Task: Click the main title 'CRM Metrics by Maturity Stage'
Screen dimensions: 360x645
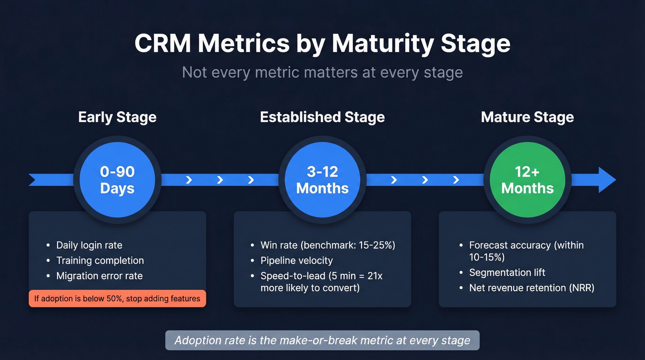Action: tap(322, 43)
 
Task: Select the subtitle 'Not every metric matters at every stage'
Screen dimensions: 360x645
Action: tap(322, 72)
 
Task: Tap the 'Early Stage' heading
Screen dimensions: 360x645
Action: tap(117, 117)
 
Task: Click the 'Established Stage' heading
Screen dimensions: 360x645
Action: tap(322, 117)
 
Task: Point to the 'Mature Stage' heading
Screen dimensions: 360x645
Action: tap(527, 117)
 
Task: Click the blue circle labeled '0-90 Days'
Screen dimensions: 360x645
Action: tap(117, 180)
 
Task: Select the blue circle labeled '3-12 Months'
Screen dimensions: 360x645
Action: tap(322, 180)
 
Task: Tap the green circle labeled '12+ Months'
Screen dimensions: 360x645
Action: tap(527, 180)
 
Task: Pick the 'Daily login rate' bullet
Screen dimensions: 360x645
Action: tap(89, 245)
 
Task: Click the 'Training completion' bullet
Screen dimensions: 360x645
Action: tap(100, 260)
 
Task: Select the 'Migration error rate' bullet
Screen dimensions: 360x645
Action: tap(99, 276)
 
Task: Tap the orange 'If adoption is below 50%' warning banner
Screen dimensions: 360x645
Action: tap(117, 298)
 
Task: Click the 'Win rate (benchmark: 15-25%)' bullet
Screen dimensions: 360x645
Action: tap(328, 245)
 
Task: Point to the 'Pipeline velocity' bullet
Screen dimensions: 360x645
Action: tap(296, 260)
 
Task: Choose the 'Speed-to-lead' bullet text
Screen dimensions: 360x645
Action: tap(321, 282)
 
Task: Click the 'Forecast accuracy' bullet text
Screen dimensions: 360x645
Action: tap(526, 251)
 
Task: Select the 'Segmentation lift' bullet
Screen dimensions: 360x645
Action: tap(507, 272)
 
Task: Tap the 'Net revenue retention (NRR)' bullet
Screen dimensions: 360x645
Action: tap(532, 288)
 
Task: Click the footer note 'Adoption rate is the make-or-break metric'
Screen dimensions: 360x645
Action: tap(322, 341)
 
